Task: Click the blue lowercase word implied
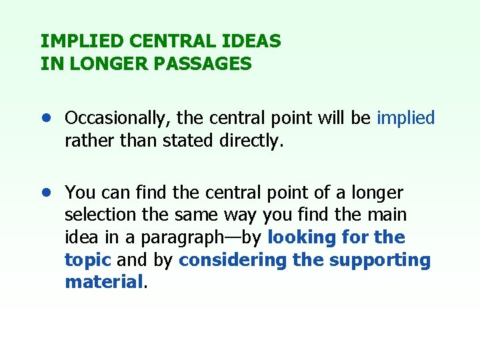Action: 405,119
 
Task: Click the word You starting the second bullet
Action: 79,193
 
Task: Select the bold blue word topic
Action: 87,260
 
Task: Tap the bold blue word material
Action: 104,282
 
